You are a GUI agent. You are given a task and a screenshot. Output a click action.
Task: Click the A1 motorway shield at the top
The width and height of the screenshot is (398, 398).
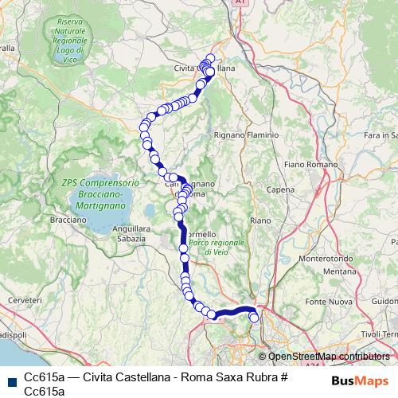[240, 4]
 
